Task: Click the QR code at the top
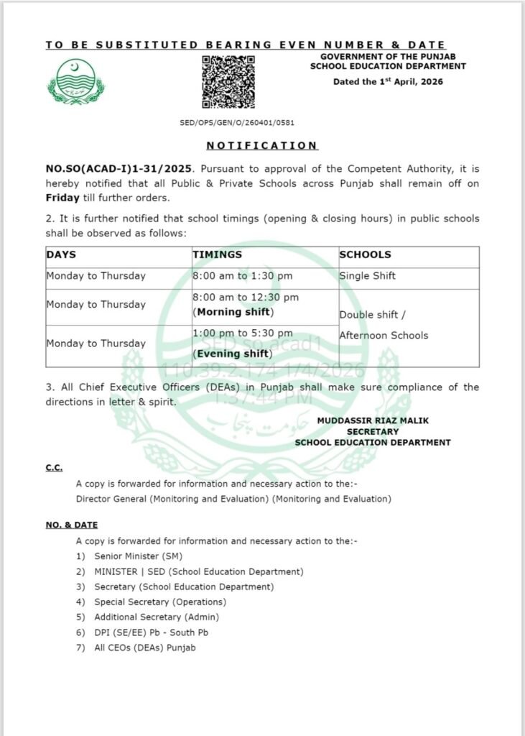228,80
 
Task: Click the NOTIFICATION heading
262,146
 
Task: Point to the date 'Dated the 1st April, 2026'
388,81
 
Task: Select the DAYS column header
61,255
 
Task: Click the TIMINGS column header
217,255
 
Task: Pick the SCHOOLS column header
365,255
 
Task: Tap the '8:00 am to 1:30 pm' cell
242,276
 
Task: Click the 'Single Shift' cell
367,276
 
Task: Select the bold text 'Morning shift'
234,312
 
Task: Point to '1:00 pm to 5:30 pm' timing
242,333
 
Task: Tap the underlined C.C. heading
54,468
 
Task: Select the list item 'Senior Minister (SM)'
138,556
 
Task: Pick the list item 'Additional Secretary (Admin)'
157,617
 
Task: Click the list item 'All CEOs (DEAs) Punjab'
144,648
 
